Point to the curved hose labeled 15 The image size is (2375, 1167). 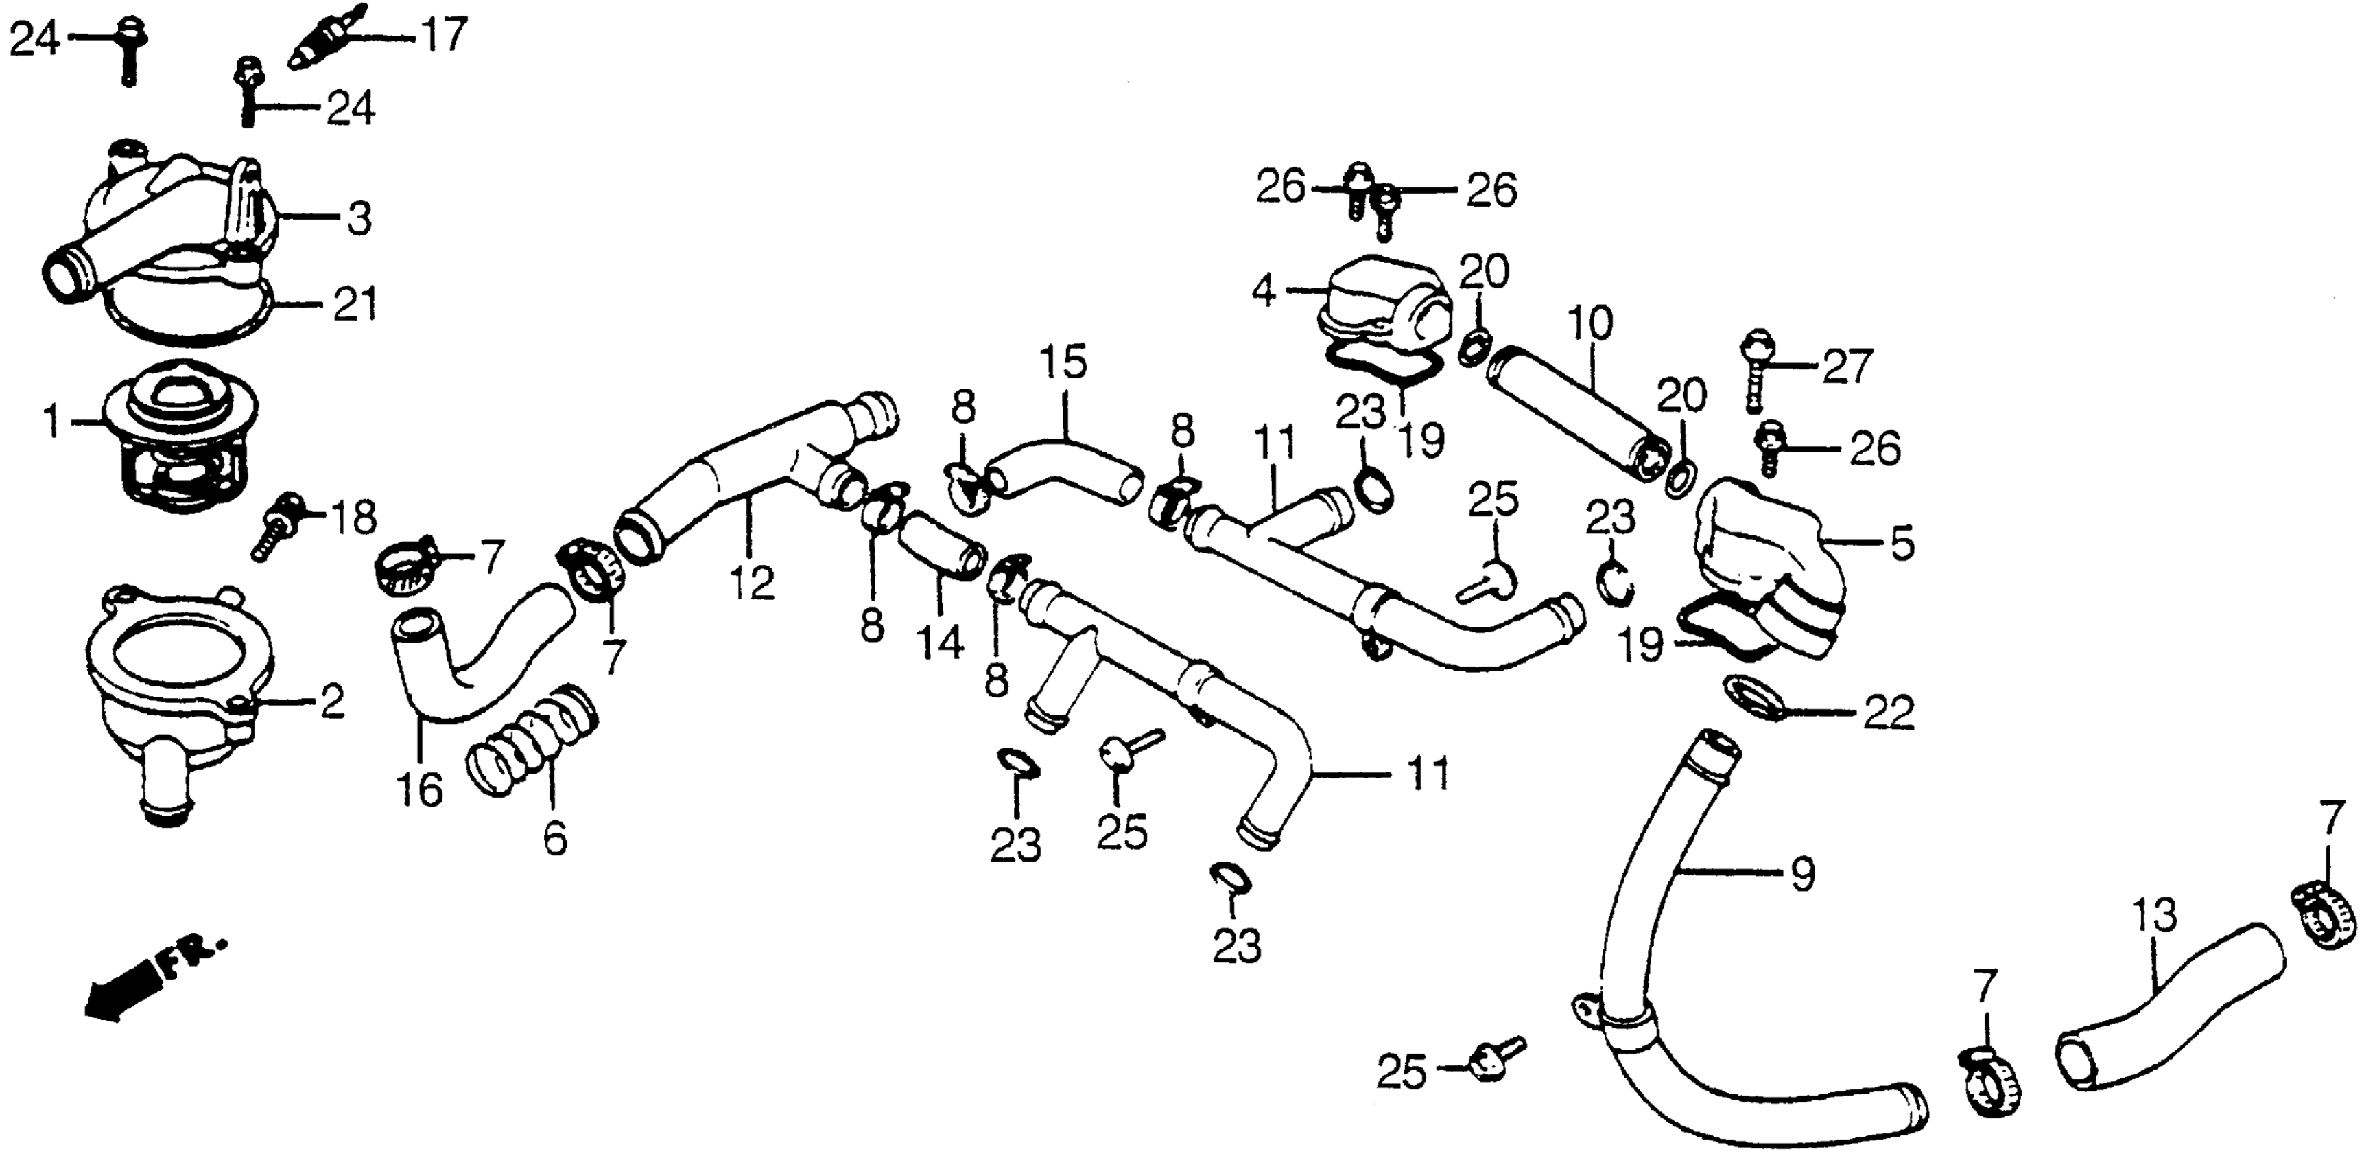pyautogui.click(x=1061, y=466)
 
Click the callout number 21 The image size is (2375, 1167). pyautogui.click(x=355, y=304)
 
